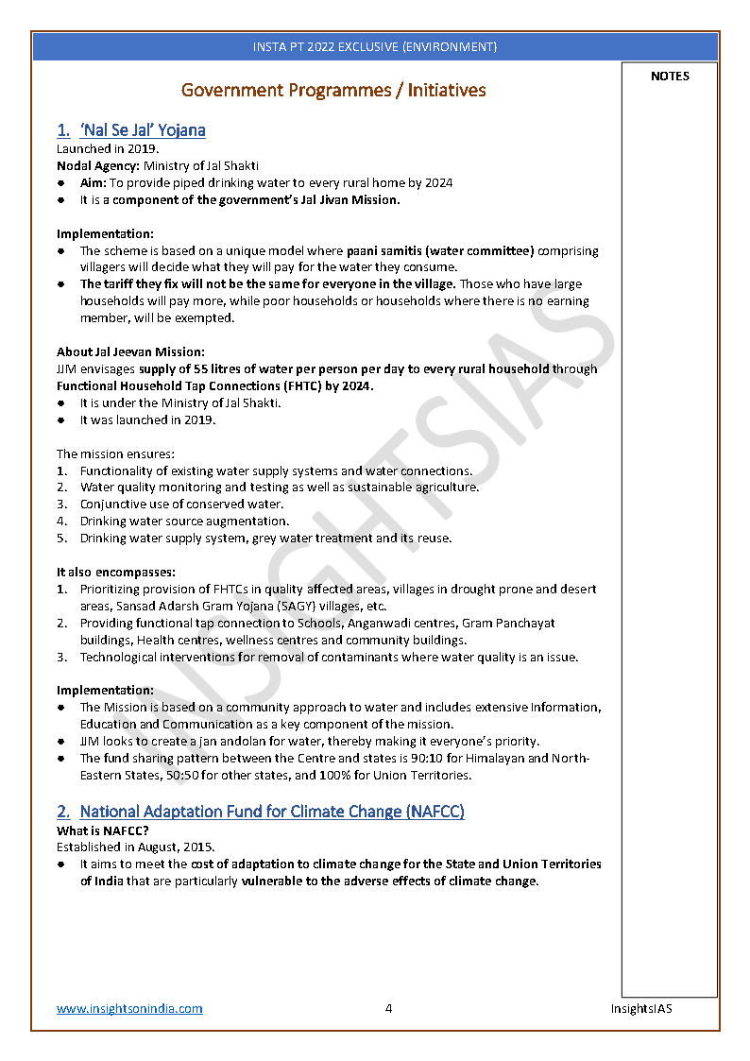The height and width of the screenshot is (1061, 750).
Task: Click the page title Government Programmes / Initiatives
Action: click(333, 91)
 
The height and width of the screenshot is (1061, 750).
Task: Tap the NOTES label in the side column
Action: click(670, 77)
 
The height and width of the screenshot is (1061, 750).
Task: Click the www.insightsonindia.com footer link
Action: click(129, 1008)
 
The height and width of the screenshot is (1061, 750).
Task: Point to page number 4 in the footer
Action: click(388, 1008)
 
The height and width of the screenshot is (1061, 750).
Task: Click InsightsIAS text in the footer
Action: click(641, 1008)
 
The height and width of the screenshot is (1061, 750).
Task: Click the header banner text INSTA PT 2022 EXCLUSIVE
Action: click(375, 46)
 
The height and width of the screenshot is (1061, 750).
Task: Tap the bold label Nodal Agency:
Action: click(98, 166)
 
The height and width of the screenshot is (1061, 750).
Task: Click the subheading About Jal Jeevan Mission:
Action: click(130, 351)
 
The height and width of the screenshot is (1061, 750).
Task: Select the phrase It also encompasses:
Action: click(116, 572)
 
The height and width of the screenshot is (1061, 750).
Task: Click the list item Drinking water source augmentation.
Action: click(184, 521)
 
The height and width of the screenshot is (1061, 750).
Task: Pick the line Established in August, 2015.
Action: click(135, 847)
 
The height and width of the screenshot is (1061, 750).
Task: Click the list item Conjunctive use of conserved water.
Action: click(181, 504)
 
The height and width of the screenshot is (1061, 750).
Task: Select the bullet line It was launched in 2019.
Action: click(147, 419)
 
